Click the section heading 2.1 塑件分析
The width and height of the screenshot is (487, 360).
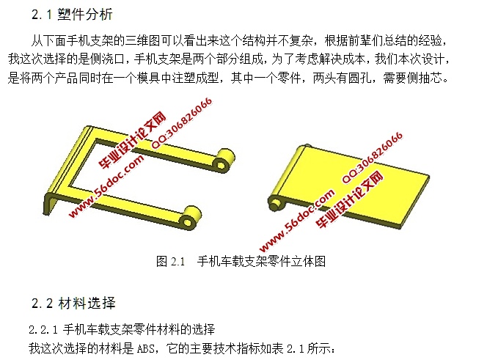click(72, 14)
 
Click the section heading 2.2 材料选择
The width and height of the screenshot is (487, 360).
click(73, 303)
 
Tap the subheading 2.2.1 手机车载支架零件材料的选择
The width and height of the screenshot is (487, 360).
click(122, 329)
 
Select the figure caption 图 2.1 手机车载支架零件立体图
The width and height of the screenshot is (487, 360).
click(241, 261)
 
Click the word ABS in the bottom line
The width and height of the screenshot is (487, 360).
click(146, 348)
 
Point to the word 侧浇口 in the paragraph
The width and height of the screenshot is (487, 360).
click(107, 59)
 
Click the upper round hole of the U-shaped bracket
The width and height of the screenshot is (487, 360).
click(221, 164)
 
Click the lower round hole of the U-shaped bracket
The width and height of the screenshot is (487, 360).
click(187, 221)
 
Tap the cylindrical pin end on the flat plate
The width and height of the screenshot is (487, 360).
click(275, 204)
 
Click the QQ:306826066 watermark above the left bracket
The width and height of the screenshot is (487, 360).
click(182, 122)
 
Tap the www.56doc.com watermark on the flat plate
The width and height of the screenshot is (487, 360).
click(297, 220)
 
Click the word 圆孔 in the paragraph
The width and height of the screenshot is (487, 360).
click(359, 78)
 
